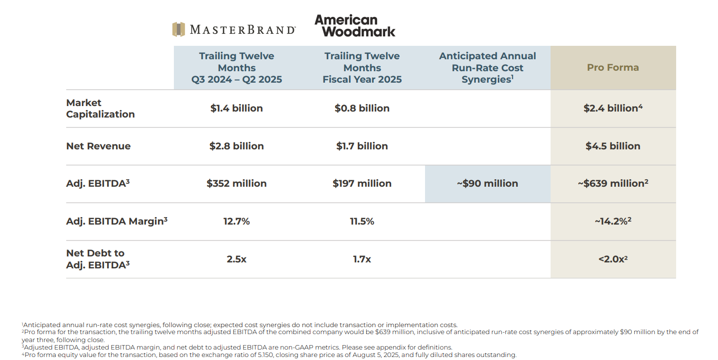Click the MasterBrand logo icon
[x=178, y=29]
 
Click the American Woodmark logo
[x=355, y=26]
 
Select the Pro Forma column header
[x=613, y=68]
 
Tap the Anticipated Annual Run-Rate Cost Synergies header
[x=487, y=68]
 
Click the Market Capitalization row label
[x=100, y=109]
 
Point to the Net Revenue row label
[x=98, y=146]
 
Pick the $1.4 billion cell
[x=236, y=109]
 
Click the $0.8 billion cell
[x=362, y=109]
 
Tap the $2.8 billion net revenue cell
[x=236, y=146]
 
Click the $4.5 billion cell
[x=613, y=146]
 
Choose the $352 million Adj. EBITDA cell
[x=236, y=184]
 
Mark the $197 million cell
[x=362, y=184]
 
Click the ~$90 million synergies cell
[x=487, y=184]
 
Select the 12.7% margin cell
[x=236, y=222]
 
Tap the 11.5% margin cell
[x=362, y=222]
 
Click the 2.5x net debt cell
[x=236, y=259]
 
